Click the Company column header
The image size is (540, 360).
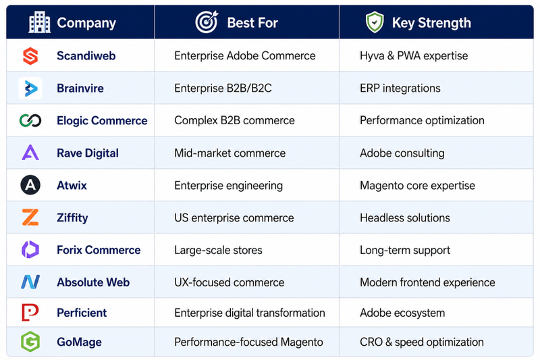tap(86, 23)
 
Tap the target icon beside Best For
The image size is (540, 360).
tap(207, 22)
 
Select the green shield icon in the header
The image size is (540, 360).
tap(375, 22)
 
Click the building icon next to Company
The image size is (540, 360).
tap(39, 22)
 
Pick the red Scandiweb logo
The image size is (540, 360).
tap(30, 56)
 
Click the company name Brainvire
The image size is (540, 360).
tap(80, 88)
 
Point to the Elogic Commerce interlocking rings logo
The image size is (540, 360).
tap(30, 121)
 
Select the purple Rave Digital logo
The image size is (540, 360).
tap(30, 153)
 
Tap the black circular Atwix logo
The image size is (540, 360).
tap(30, 185)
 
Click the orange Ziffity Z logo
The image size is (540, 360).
tap(30, 217)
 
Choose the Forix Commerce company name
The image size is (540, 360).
tap(99, 250)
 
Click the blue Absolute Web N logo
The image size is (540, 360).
tap(30, 282)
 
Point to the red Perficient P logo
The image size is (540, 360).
tap(30, 313)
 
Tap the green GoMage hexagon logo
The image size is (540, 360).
tap(30, 342)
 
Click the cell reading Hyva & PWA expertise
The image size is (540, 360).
tap(414, 56)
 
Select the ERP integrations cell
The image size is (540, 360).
tap(400, 88)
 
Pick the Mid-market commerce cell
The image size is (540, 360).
tap(230, 153)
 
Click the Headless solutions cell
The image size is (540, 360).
tap(404, 217)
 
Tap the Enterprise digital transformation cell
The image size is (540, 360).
tap(249, 313)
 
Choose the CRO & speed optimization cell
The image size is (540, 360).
tap(421, 342)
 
